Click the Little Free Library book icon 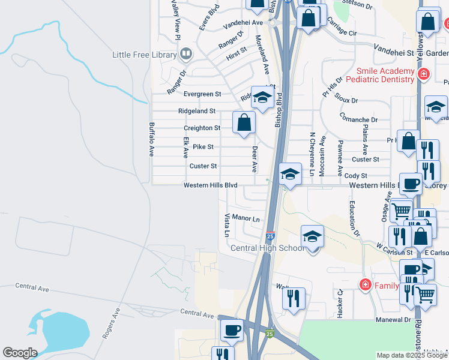point(186,55)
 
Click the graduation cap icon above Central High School point(312,237)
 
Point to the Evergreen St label point(202,94)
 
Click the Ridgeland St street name point(197,111)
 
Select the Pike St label point(203,146)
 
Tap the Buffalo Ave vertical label point(151,139)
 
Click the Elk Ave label point(185,148)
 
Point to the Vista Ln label point(227,224)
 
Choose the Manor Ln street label point(246,218)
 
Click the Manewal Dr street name point(394,320)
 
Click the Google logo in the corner point(20,353)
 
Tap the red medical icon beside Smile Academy point(424,74)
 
